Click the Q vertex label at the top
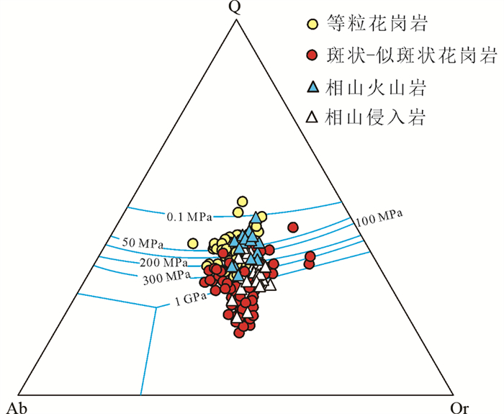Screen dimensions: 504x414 (235, 8)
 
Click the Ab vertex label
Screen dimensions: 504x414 (17, 408)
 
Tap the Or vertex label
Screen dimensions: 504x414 (459, 408)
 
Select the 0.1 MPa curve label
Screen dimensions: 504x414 (189, 217)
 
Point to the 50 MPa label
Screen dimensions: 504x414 (143, 243)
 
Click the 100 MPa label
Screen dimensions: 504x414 (379, 218)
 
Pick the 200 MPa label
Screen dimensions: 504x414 (163, 263)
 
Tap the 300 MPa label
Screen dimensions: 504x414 (166, 277)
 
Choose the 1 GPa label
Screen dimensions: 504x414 (191, 300)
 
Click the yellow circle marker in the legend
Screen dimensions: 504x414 (312, 24)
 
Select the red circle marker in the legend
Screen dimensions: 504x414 (312, 55)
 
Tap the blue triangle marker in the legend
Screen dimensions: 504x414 (312, 87)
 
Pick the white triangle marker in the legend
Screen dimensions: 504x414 (312, 117)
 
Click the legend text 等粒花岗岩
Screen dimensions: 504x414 (377, 24)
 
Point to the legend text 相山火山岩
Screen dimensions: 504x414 (375, 87)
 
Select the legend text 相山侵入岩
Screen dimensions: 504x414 (375, 117)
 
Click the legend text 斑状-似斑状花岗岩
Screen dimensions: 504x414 (412, 55)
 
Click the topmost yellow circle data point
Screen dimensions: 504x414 (242, 202)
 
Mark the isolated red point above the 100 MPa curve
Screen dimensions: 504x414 (293, 228)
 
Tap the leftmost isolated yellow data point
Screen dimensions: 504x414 (192, 243)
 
